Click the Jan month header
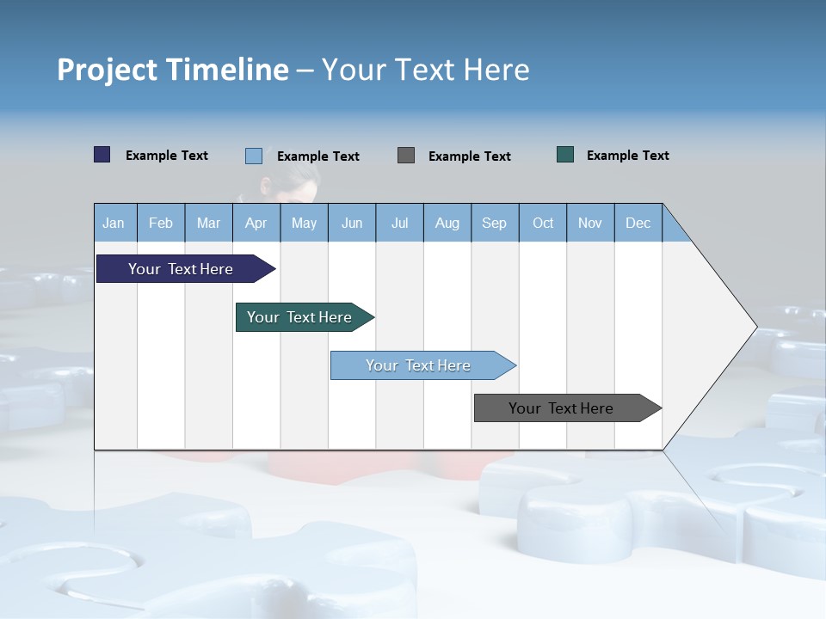coord(114,224)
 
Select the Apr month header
coord(256,224)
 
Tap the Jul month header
coord(399,224)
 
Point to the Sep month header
coord(494,224)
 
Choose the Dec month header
coord(638,224)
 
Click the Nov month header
coord(589,224)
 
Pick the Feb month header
coord(161,224)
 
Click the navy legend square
coord(102,155)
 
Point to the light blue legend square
coord(254,156)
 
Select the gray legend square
coord(406,155)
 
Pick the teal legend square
coord(565,155)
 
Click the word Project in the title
coord(107,70)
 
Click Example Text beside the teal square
coord(627,156)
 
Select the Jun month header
coord(352,224)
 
